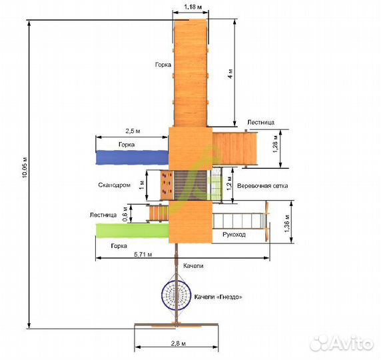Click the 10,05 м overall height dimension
(25, 167)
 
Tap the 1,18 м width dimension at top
(192, 7)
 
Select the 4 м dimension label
(230, 73)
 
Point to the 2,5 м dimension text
(133, 131)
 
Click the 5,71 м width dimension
(143, 255)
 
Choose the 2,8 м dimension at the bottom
(179, 343)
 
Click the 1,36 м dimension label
(287, 223)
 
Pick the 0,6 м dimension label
(125, 214)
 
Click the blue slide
(133, 157)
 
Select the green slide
(133, 231)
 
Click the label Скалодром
(114, 185)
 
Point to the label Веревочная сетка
(262, 186)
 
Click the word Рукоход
(234, 235)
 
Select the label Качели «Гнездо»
(218, 297)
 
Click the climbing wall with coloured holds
(167, 185)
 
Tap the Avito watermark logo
(342, 343)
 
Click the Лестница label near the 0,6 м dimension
(103, 215)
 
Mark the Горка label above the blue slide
(127, 145)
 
